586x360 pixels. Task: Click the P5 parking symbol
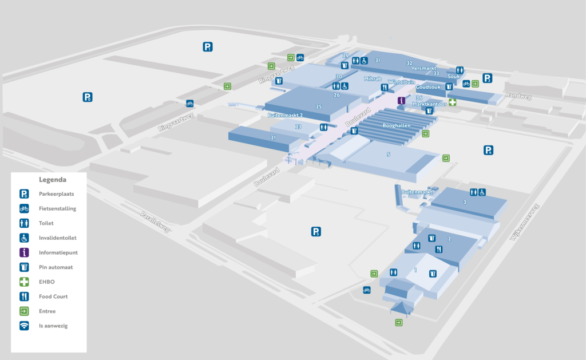click(316, 231)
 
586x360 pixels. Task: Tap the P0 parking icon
click(88, 97)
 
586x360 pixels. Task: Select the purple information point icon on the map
click(401, 101)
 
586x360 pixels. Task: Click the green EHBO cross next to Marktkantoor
click(452, 102)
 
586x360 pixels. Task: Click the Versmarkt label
click(424, 68)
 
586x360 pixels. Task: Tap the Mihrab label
click(373, 78)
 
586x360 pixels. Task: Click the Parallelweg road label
click(156, 221)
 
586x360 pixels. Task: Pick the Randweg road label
click(518, 96)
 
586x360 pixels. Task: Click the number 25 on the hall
click(319, 106)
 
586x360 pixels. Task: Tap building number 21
click(274, 137)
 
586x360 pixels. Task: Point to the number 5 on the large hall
click(389, 155)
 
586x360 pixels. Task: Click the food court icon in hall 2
click(438, 249)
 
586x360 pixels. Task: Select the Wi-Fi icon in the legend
click(24, 326)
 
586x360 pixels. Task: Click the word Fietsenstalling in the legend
click(58, 208)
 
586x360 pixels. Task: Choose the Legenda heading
click(52, 179)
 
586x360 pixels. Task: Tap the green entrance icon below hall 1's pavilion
click(398, 323)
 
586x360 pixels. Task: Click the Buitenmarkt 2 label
click(285, 115)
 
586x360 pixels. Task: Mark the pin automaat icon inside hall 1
click(433, 273)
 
